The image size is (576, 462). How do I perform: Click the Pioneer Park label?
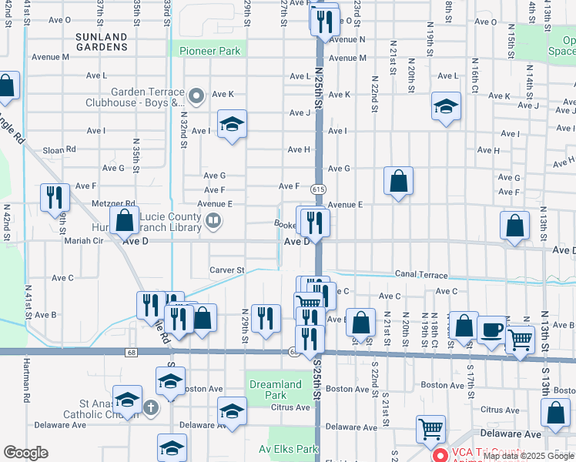[210, 52]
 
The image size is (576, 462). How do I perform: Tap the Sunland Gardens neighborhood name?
[102, 42]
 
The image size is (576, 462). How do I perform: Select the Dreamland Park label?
[275, 390]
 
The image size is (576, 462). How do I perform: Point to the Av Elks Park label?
[289, 449]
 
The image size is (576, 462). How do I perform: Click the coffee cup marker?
[492, 330]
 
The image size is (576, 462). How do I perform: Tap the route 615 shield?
[318, 189]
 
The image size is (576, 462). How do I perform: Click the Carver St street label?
[226, 270]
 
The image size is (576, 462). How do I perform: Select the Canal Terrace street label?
[421, 274]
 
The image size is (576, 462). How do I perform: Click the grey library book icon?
[213, 222]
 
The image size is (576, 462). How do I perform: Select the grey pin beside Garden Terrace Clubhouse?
[196, 96]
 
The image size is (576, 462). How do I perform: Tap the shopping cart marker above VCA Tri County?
[430, 429]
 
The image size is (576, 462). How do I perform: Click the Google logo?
[25, 453]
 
